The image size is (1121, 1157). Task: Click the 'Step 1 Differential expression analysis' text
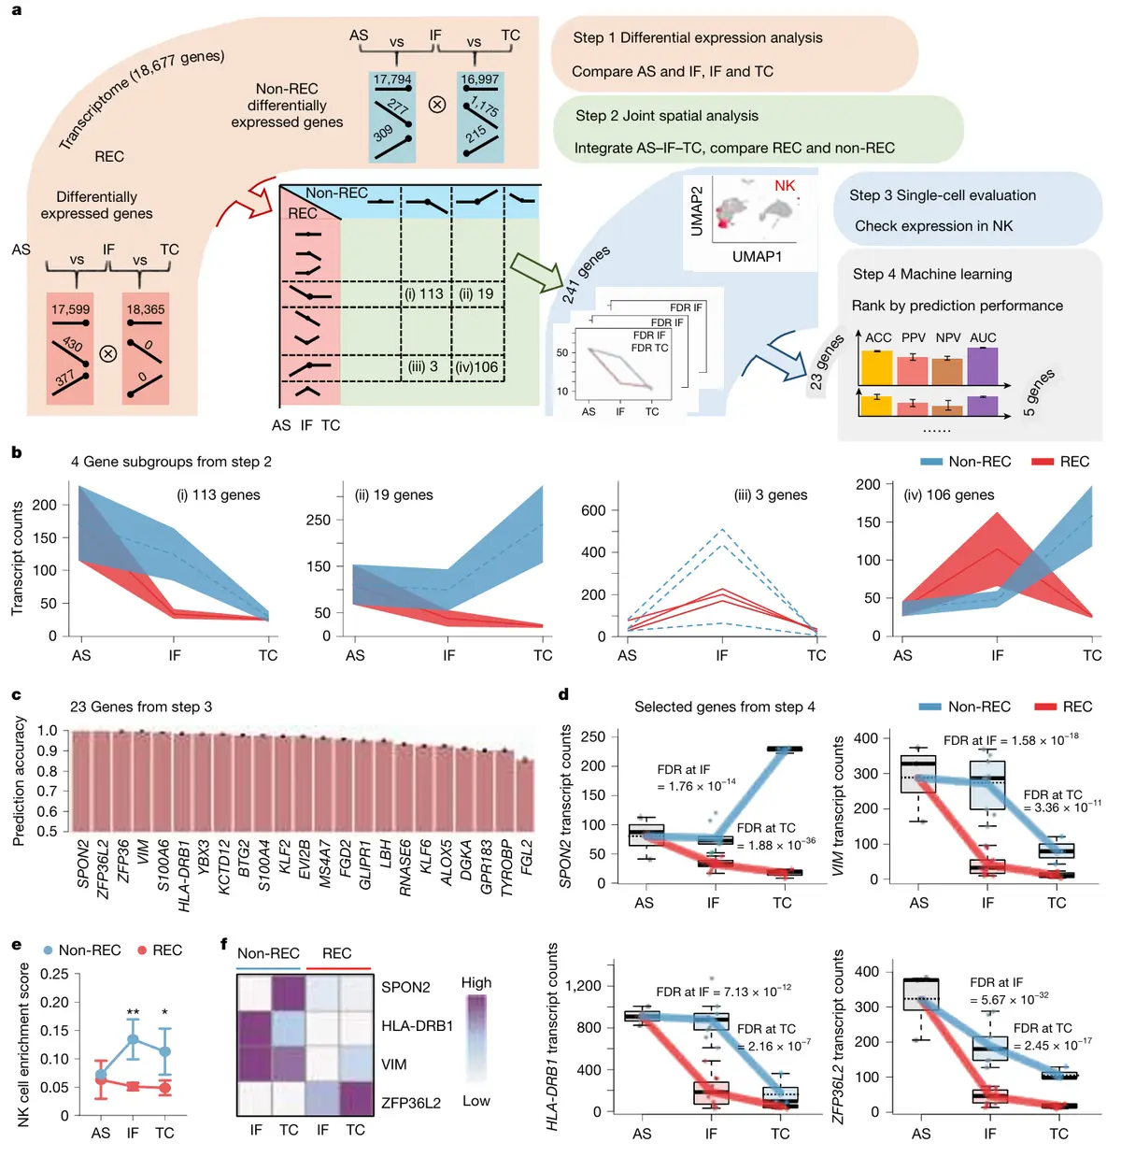[698, 37]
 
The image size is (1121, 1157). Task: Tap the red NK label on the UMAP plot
[785, 186]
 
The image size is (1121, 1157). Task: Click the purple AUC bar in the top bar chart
[983, 366]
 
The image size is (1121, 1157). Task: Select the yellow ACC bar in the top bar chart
[877, 367]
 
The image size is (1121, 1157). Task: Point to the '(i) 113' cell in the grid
[423, 293]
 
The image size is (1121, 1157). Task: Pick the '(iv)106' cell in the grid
[477, 366]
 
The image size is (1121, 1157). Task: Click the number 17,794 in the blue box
[392, 79]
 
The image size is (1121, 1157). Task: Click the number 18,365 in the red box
[145, 309]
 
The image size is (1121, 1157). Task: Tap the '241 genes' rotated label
[586, 274]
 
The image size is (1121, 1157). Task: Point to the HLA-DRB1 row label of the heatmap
[417, 1026]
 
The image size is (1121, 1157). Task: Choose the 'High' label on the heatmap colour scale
[476, 983]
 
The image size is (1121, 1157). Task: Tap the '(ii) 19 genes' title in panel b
[393, 495]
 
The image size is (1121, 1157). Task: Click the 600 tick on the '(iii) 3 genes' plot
[593, 510]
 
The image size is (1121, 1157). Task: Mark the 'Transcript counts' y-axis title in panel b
[17, 558]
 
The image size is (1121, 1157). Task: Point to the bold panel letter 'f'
[224, 944]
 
